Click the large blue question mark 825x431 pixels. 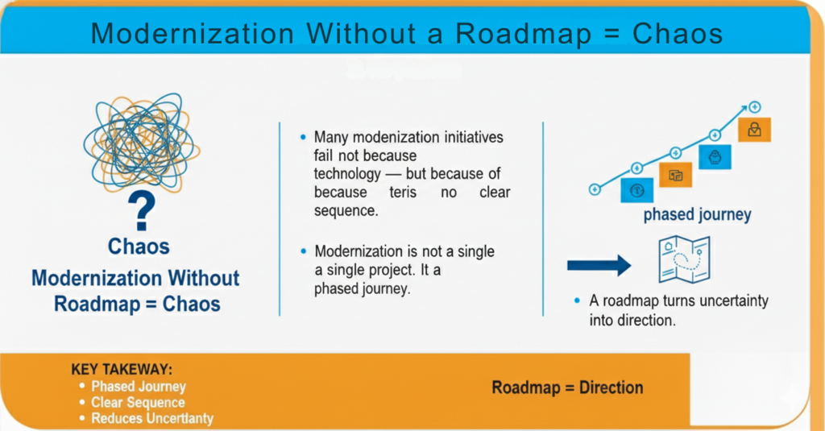click(x=142, y=210)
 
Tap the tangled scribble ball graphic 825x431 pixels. click(x=142, y=143)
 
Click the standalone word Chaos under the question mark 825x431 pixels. click(x=139, y=247)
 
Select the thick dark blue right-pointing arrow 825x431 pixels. click(x=599, y=265)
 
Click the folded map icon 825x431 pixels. click(x=685, y=259)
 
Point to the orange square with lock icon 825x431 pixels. click(x=754, y=130)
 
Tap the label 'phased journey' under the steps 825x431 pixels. click(x=697, y=215)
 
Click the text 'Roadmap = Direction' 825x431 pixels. click(x=567, y=387)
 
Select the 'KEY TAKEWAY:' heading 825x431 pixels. click(x=122, y=369)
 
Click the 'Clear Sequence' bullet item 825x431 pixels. click(x=138, y=403)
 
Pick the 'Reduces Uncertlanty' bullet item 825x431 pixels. click(x=152, y=418)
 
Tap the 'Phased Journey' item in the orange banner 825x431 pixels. click(x=139, y=386)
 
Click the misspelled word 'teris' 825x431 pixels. click(x=403, y=192)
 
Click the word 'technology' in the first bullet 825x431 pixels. click(x=347, y=174)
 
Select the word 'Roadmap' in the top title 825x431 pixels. click(x=523, y=34)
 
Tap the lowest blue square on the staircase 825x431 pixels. click(x=636, y=190)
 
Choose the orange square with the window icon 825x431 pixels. click(x=676, y=176)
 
